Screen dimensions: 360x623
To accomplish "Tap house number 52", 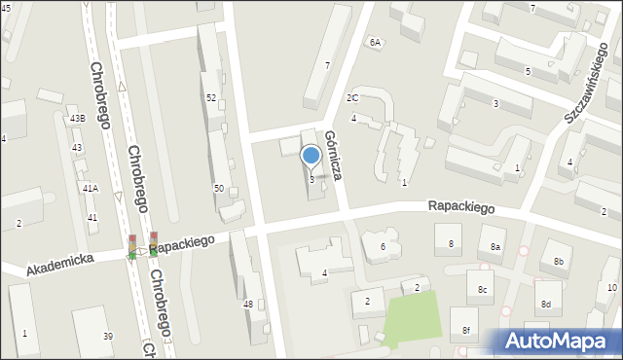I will click(211, 97).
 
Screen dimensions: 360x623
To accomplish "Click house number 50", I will click(219, 187).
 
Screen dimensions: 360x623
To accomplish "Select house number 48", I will click(248, 305).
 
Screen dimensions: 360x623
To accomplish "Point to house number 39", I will click(108, 336).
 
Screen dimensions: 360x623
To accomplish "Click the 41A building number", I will click(90, 188).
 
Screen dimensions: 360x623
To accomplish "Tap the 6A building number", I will click(375, 43).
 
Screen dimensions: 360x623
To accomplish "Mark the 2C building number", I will click(352, 98).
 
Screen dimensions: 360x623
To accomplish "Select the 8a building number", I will click(495, 247).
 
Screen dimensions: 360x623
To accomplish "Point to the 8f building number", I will click(465, 331).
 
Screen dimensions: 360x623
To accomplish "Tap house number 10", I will click(611, 287).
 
